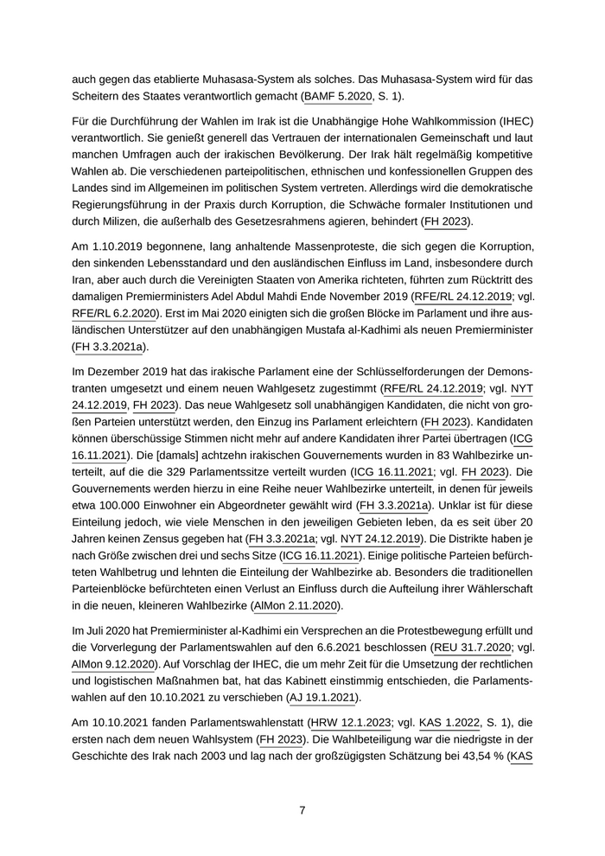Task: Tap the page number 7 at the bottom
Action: pyautogui.click(x=302, y=810)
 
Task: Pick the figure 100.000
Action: pyautogui.click(x=120, y=506)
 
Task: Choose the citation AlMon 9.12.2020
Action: pyautogui.click(x=113, y=664)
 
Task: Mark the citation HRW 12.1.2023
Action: pyautogui.click(x=349, y=723)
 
